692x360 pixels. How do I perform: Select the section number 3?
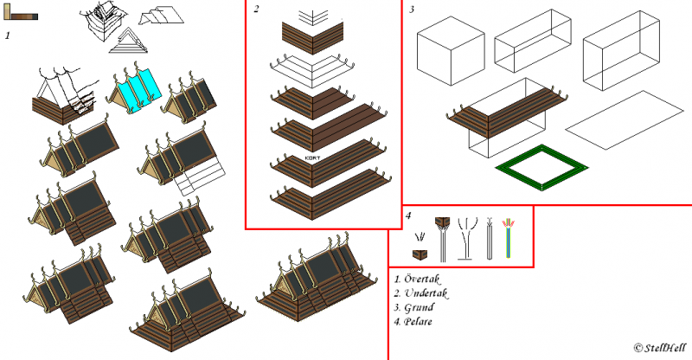point(413,10)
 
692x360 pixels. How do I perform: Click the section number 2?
point(256,10)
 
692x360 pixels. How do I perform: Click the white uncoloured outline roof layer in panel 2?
point(312,68)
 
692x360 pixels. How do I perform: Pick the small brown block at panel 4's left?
point(420,254)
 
